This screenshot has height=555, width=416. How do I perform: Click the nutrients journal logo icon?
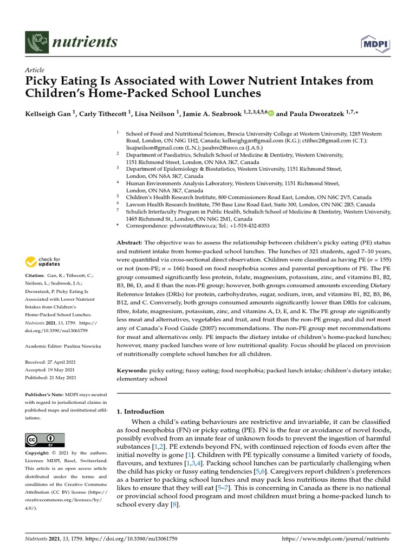point(36,41)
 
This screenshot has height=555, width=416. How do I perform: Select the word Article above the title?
point(34,70)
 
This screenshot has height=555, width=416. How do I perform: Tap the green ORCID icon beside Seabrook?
point(271,114)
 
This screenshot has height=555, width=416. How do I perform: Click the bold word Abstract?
point(130,242)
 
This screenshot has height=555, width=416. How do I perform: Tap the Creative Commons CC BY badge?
point(44,440)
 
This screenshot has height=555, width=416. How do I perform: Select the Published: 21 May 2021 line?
point(51,378)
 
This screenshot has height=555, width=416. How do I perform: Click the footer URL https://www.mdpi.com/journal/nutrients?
point(336,539)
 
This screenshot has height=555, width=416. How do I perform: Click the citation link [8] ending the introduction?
point(174,505)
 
